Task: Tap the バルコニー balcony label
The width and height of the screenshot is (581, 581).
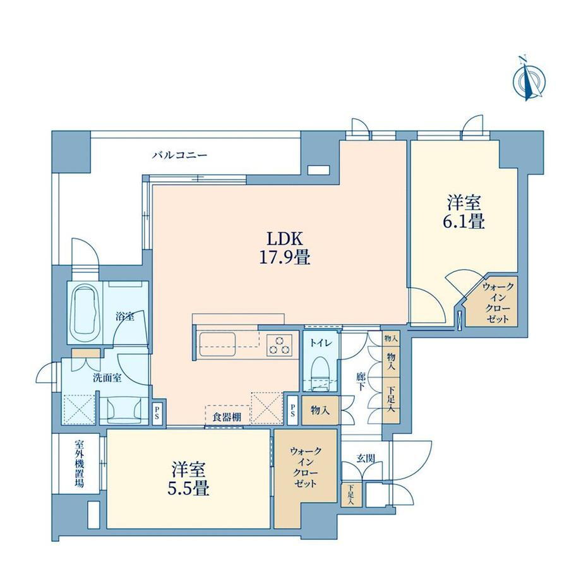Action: (x=180, y=155)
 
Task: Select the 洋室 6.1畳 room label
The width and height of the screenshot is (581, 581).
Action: (x=464, y=213)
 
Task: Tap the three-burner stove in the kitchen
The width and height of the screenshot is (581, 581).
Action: (x=279, y=345)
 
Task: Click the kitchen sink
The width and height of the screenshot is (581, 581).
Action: (x=217, y=344)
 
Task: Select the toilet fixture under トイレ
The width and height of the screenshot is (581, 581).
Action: (x=321, y=374)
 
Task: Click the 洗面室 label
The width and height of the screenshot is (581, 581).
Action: (x=107, y=378)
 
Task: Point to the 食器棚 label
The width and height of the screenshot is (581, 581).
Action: (x=227, y=417)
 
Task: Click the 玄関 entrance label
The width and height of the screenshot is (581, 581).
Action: (x=366, y=458)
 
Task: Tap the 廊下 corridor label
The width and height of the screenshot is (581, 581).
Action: (x=361, y=381)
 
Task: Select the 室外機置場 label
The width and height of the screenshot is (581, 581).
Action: (x=79, y=464)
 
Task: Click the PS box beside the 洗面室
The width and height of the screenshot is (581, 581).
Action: (x=157, y=413)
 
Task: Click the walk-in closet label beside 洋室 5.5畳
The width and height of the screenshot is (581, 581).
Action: (x=306, y=467)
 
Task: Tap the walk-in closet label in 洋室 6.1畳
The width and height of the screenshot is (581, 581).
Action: (x=498, y=302)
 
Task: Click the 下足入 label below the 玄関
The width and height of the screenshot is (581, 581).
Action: (x=350, y=495)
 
